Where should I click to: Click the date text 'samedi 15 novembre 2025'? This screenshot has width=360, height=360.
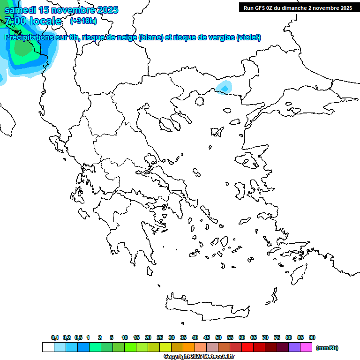[x=61, y=10]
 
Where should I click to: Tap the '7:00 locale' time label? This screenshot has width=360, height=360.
[x=33, y=21]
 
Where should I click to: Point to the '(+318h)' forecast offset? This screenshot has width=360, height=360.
[x=83, y=21]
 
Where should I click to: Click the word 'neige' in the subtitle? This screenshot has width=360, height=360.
[x=127, y=37]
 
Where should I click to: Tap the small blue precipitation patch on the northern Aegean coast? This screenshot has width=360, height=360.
[x=224, y=87]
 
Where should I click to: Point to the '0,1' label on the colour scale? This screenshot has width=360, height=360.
[x=55, y=337]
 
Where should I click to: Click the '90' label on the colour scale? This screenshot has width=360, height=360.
[x=312, y=337]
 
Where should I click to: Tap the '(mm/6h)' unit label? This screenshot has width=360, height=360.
[x=327, y=348]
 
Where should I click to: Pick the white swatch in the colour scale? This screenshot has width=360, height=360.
[x=48, y=347]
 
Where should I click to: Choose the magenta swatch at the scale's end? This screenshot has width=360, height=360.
[x=306, y=347]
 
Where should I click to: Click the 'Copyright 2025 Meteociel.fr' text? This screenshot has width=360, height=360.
[x=199, y=357]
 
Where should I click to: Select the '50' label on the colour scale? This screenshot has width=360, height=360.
[x=218, y=337]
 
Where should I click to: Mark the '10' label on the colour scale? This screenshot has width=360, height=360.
[x=125, y=337]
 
